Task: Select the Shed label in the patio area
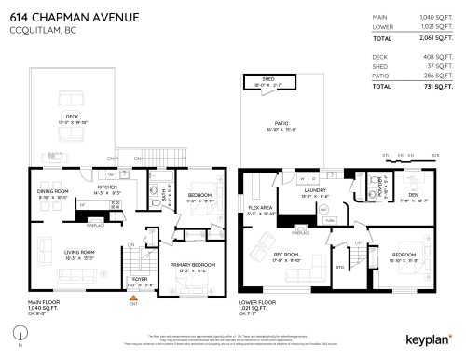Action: [x=268, y=80]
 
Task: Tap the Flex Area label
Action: [x=260, y=208]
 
